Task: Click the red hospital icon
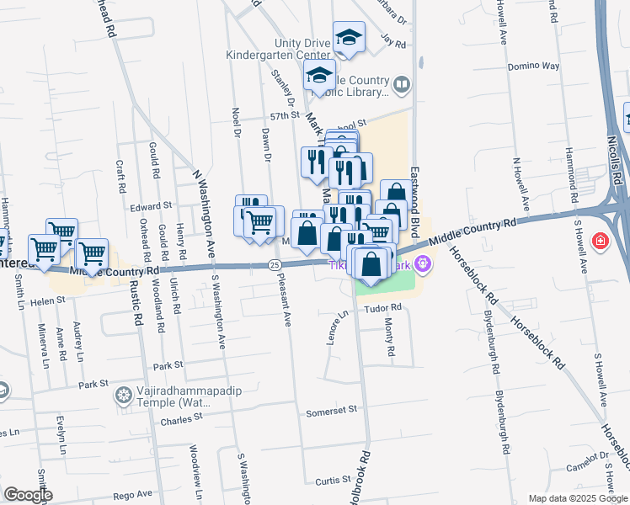[x=599, y=242]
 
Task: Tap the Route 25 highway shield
[x=274, y=265]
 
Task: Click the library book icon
[x=403, y=84]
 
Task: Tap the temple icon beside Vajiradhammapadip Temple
[x=124, y=394]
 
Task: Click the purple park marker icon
[x=422, y=265]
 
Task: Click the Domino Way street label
[x=533, y=66]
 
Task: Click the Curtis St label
[x=327, y=480]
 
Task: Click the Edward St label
[x=151, y=205]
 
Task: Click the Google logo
[x=28, y=495]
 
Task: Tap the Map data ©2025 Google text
[x=577, y=498]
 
